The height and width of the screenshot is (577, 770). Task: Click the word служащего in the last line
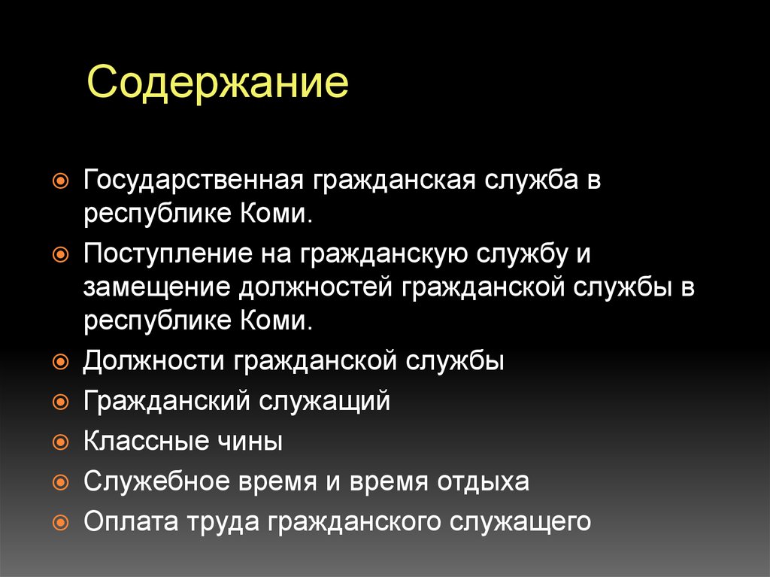click(523, 521)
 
